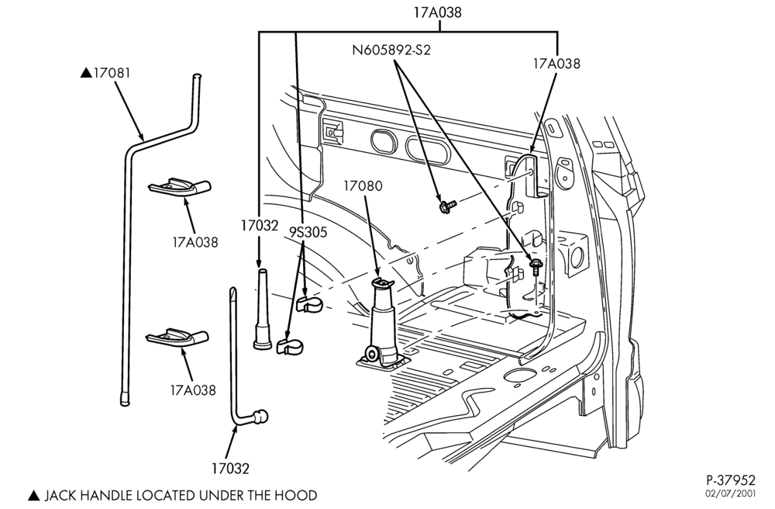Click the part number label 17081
coord(112,73)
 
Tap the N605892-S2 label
coord(391,50)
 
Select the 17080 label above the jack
coord(363,186)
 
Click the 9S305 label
coord(308,232)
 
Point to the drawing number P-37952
coord(731,480)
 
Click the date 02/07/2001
coord(732,493)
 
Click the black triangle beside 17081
coord(86,73)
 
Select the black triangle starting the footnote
coord(33,495)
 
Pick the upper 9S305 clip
coord(309,305)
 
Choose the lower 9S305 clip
coord(290,346)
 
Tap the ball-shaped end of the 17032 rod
coord(260,417)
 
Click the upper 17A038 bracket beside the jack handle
coord(180,187)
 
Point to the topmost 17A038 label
coord(437,12)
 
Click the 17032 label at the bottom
coord(230,468)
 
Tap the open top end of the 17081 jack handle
coord(196,76)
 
